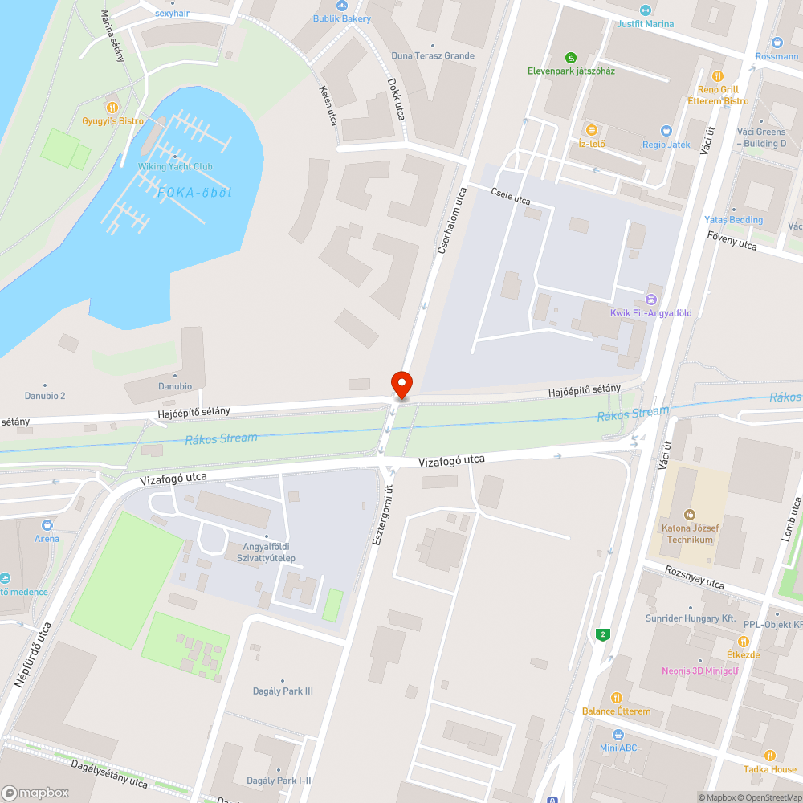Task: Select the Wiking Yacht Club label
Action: pyautogui.click(x=174, y=166)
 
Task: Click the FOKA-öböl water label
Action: pyautogui.click(x=194, y=192)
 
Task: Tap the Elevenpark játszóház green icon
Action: pyautogui.click(x=570, y=58)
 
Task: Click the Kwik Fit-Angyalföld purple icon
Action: pyautogui.click(x=650, y=300)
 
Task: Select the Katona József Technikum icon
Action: pyautogui.click(x=689, y=515)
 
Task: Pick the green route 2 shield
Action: pyautogui.click(x=603, y=634)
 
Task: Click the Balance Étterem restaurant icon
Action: pyautogui.click(x=617, y=698)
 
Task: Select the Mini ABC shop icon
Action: pyautogui.click(x=618, y=735)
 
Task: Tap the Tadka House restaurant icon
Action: pyautogui.click(x=769, y=755)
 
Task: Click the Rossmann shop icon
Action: pyautogui.click(x=777, y=43)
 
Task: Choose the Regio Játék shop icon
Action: pyautogui.click(x=666, y=131)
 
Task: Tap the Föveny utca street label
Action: pyautogui.click(x=732, y=240)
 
